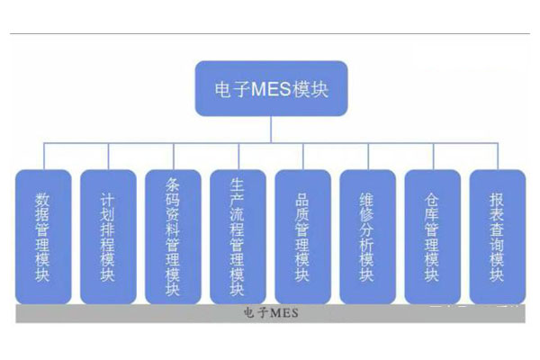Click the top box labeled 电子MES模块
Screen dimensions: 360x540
[x=270, y=88]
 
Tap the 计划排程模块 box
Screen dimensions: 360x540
[x=108, y=236]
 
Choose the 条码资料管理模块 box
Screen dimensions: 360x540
[x=173, y=236]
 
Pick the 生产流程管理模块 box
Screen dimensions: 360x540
[x=238, y=236]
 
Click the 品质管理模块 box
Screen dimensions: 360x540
[x=302, y=236]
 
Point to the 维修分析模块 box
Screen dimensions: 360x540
[x=367, y=236]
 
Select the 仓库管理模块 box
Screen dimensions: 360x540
[x=432, y=236]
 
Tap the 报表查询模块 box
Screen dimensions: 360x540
[x=497, y=236]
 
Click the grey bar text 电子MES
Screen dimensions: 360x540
[x=270, y=313]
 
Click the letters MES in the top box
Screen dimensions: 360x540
[x=272, y=88]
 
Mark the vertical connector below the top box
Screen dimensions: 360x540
[x=270, y=129]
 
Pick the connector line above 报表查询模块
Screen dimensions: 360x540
[x=497, y=155]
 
